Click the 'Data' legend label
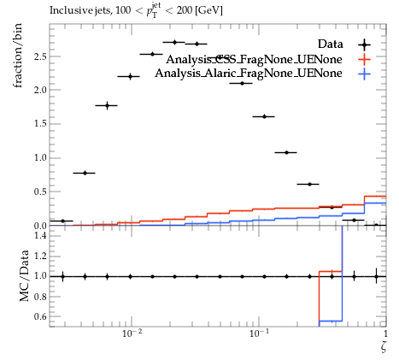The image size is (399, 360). (331, 44)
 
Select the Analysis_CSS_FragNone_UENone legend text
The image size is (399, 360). (254, 59)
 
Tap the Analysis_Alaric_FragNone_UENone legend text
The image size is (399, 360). (249, 74)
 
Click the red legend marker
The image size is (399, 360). (365, 60)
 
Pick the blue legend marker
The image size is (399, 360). (365, 74)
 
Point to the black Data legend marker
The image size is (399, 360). (365, 44)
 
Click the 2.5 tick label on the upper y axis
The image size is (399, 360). (40, 56)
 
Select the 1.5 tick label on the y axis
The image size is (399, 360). (40, 124)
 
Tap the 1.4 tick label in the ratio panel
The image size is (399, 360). (40, 235)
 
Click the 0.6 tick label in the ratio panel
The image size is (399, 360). (40, 316)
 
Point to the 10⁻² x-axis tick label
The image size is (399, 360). (132, 333)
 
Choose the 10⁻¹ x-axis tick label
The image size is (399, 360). (259, 333)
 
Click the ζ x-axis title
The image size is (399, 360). (384, 346)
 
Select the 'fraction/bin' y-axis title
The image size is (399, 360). (18, 56)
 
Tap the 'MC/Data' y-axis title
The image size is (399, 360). (24, 275)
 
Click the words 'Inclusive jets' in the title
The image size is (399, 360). (81, 10)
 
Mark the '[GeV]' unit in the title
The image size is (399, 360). (208, 10)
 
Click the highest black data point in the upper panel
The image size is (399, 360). (174, 42)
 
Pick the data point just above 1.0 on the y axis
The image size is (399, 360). (286, 152)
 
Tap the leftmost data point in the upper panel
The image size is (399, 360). (62, 221)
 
